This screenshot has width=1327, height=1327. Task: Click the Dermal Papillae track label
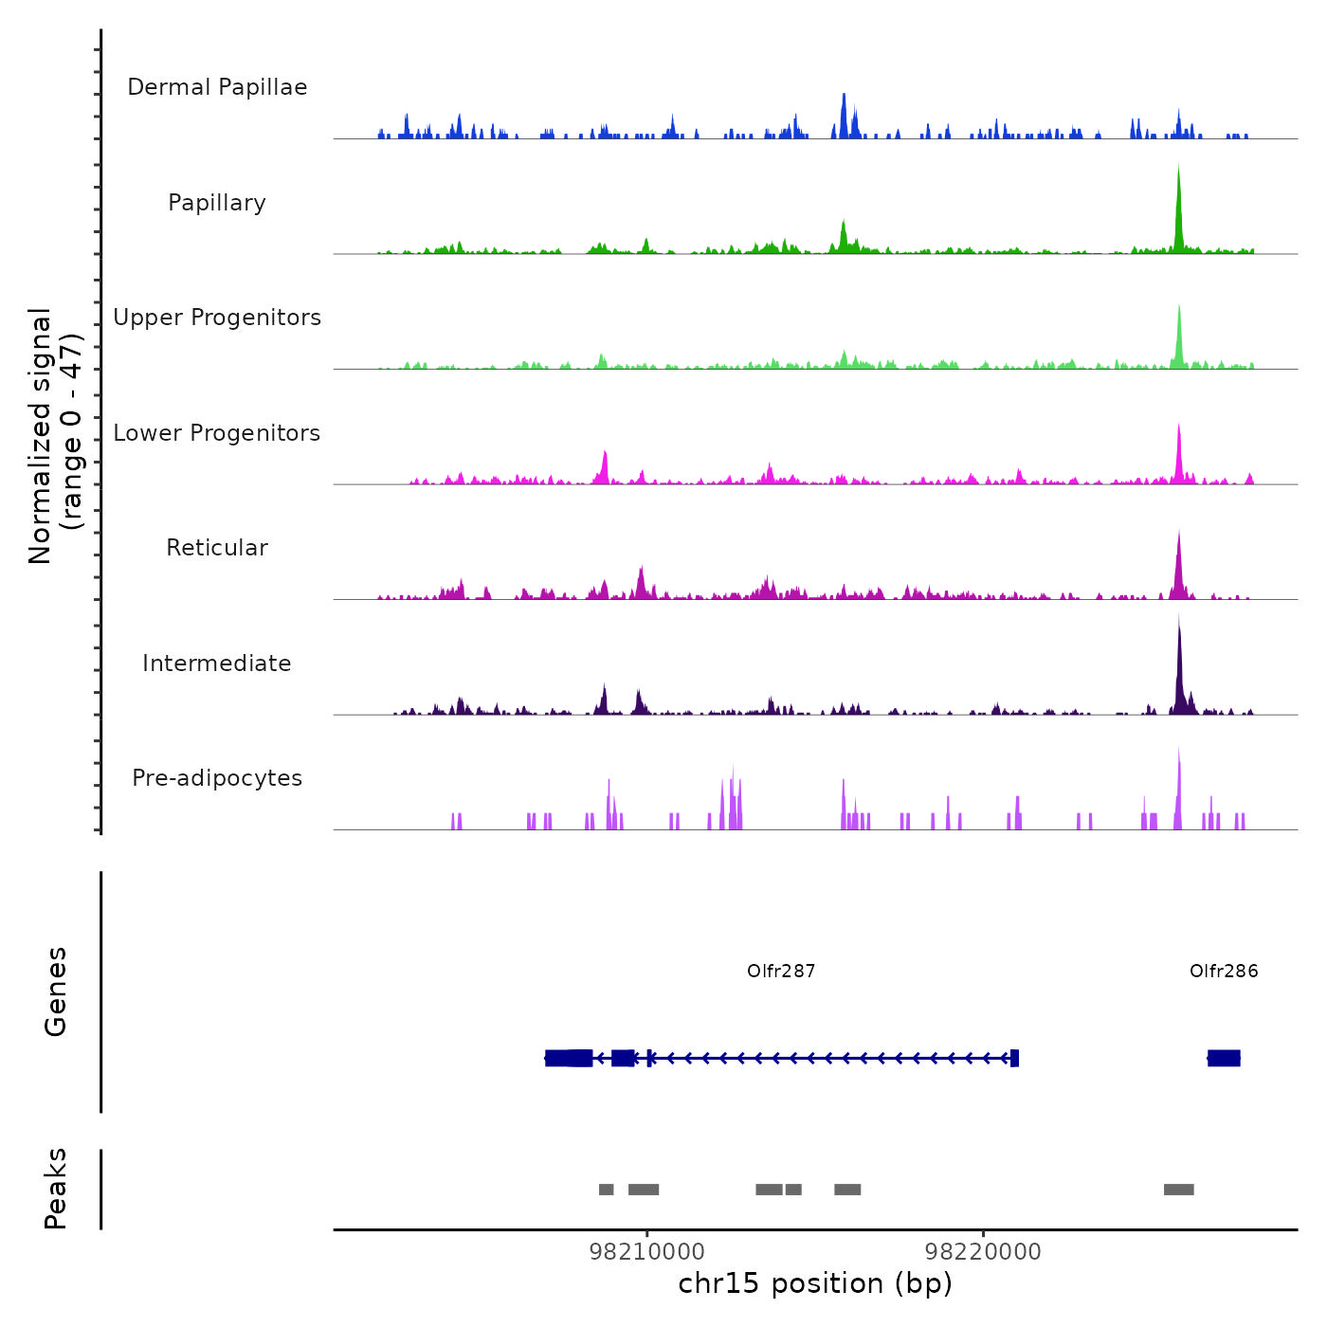coord(217,87)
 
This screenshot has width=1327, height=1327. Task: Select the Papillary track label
coord(217,203)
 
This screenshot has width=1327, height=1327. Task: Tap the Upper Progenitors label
coord(217,318)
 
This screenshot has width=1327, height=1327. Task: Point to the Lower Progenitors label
coord(217,433)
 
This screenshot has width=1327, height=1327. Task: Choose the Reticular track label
coord(217,548)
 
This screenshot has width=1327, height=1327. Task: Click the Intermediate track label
coord(217,663)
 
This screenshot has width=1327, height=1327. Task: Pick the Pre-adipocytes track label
coord(217,778)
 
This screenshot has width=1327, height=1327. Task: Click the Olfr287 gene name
coord(781,972)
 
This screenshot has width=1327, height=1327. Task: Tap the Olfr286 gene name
coord(1224,972)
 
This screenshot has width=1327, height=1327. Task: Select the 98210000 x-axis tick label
coord(647,1252)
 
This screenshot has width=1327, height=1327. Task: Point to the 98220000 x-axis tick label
coord(983,1252)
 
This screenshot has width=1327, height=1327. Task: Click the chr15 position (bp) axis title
coord(815,1283)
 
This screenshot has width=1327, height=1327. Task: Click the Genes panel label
coord(56,991)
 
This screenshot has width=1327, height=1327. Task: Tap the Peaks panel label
coord(56,1189)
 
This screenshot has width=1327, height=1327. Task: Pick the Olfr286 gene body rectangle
coord(1224,1058)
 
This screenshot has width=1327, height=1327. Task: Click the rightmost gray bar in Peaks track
coord(1178,1190)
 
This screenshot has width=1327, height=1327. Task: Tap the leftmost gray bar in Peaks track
coord(606,1190)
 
